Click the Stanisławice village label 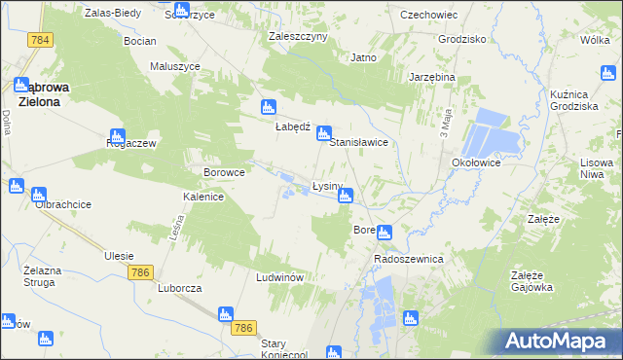(359, 142)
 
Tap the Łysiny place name (327, 186)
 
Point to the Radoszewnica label (409, 260)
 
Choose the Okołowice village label (476, 163)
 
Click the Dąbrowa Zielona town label (38, 93)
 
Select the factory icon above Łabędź (268, 108)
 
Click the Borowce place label (223, 172)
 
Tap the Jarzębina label (432, 77)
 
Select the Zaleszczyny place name (298, 36)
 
